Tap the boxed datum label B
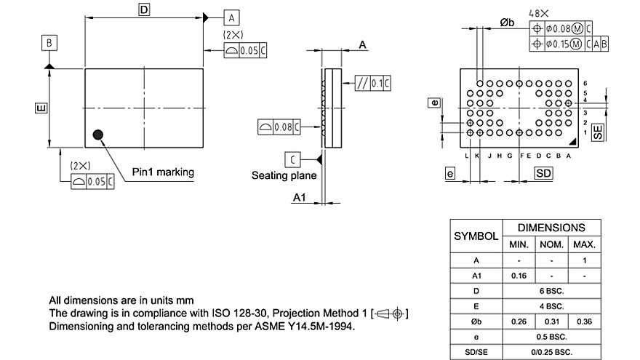(49, 44)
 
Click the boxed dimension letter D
(144, 9)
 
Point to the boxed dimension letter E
(41, 108)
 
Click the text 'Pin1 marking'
(163, 172)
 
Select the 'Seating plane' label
(284, 175)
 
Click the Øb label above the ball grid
(507, 23)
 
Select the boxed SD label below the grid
(543, 173)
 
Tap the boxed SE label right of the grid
(598, 132)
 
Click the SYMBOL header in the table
(476, 236)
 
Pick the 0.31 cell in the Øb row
(552, 321)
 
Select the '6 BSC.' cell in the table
(552, 291)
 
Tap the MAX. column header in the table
(585, 244)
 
